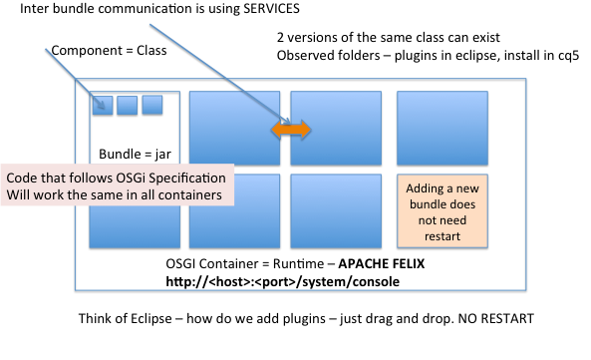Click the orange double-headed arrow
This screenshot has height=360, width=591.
(x=291, y=130)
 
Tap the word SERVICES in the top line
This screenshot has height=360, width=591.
(x=271, y=8)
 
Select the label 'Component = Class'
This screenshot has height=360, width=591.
(x=109, y=50)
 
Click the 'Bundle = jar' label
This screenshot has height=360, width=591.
(x=135, y=154)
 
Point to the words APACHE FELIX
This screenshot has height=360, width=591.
(x=382, y=263)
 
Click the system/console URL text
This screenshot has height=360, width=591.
(x=283, y=281)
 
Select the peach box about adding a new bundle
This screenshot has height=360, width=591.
(x=443, y=211)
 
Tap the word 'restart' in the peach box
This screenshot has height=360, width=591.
(x=443, y=236)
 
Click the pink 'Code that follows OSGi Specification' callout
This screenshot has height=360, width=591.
(x=118, y=185)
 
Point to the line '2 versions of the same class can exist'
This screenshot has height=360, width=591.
(x=389, y=37)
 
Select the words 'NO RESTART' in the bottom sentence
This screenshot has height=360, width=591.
(x=496, y=318)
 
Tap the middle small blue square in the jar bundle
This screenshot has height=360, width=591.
(x=127, y=105)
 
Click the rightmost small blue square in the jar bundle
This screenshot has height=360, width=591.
(x=152, y=105)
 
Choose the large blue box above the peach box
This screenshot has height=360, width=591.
(x=443, y=129)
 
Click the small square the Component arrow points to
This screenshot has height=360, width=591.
(x=103, y=105)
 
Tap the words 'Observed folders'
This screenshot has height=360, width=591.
(x=328, y=56)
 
